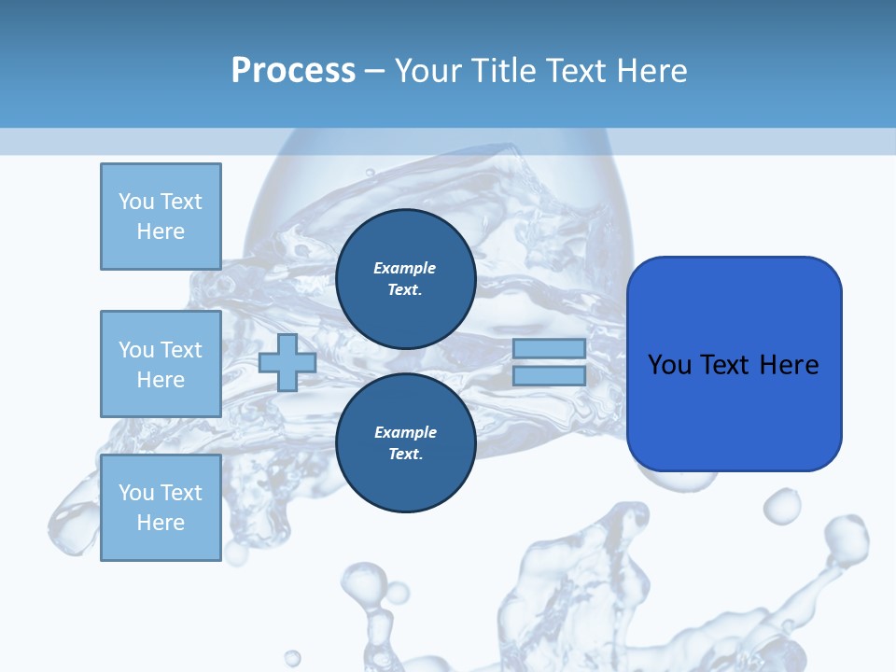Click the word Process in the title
click(293, 70)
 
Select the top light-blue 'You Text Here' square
click(161, 217)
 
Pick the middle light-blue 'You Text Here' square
click(161, 364)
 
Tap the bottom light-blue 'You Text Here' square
click(161, 508)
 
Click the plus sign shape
click(287, 362)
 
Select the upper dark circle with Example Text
click(405, 279)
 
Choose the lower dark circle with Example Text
click(405, 443)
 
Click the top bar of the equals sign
click(549, 348)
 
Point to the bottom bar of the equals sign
click(549, 375)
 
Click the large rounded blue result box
click(734, 411)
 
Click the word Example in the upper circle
click(405, 268)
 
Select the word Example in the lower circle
click(405, 432)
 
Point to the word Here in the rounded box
click(790, 365)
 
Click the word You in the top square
click(136, 202)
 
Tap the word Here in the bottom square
click(161, 523)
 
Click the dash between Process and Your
click(374, 71)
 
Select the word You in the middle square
click(136, 350)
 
